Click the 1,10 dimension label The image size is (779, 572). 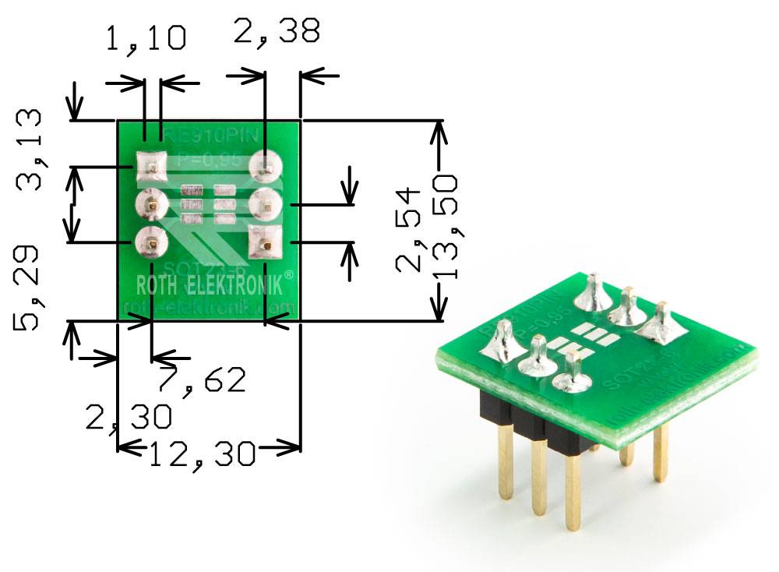click(x=146, y=37)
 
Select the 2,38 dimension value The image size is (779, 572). click(x=276, y=32)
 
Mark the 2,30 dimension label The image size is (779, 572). click(x=129, y=417)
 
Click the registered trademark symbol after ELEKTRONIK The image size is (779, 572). click(x=289, y=275)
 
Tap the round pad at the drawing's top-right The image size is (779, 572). click(x=265, y=166)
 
